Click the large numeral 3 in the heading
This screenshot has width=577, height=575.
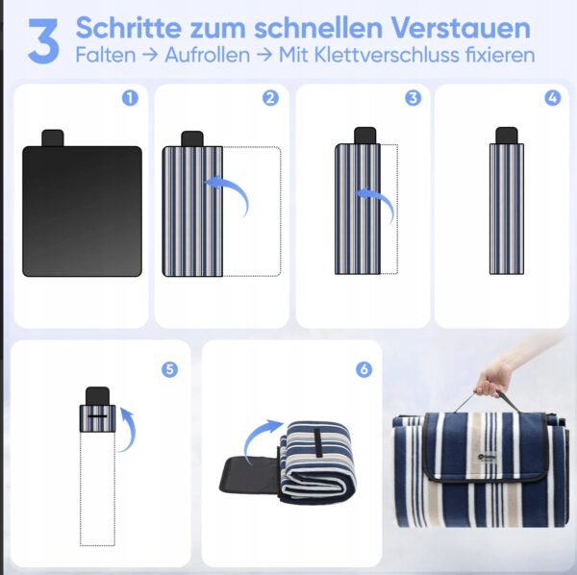[x=43, y=41]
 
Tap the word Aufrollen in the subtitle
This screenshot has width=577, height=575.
[x=207, y=55]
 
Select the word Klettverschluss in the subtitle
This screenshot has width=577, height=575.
[x=387, y=55]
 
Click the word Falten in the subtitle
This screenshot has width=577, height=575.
[x=106, y=55]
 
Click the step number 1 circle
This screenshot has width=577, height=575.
[x=130, y=98]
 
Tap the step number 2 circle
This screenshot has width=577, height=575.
[x=270, y=98]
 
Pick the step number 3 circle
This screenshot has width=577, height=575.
[x=413, y=98]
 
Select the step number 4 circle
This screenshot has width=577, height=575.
[x=553, y=98]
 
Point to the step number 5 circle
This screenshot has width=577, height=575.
[x=169, y=369]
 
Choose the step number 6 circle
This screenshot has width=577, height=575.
[x=364, y=369]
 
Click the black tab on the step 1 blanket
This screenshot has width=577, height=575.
[x=53, y=137]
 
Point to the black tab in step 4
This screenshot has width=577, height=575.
[x=507, y=136]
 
